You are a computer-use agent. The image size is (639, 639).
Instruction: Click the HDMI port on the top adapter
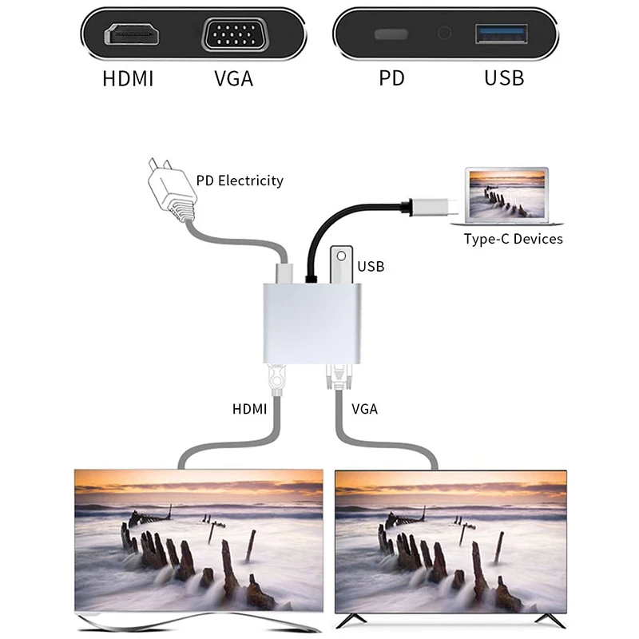(133, 35)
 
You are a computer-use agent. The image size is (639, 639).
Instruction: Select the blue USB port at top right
(502, 34)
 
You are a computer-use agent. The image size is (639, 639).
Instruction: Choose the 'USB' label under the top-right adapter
(504, 78)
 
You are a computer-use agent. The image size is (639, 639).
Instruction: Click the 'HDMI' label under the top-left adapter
(128, 79)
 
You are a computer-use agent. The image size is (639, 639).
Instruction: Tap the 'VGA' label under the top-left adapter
(233, 79)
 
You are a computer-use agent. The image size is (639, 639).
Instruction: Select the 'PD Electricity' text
(240, 181)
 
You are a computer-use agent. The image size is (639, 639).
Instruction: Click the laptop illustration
(508, 196)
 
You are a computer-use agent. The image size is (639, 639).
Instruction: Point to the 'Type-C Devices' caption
(514, 239)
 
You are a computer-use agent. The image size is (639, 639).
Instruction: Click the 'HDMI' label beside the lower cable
(249, 409)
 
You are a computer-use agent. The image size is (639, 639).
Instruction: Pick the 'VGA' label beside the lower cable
(364, 409)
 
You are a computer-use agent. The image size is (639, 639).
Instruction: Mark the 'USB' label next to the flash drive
(371, 266)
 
